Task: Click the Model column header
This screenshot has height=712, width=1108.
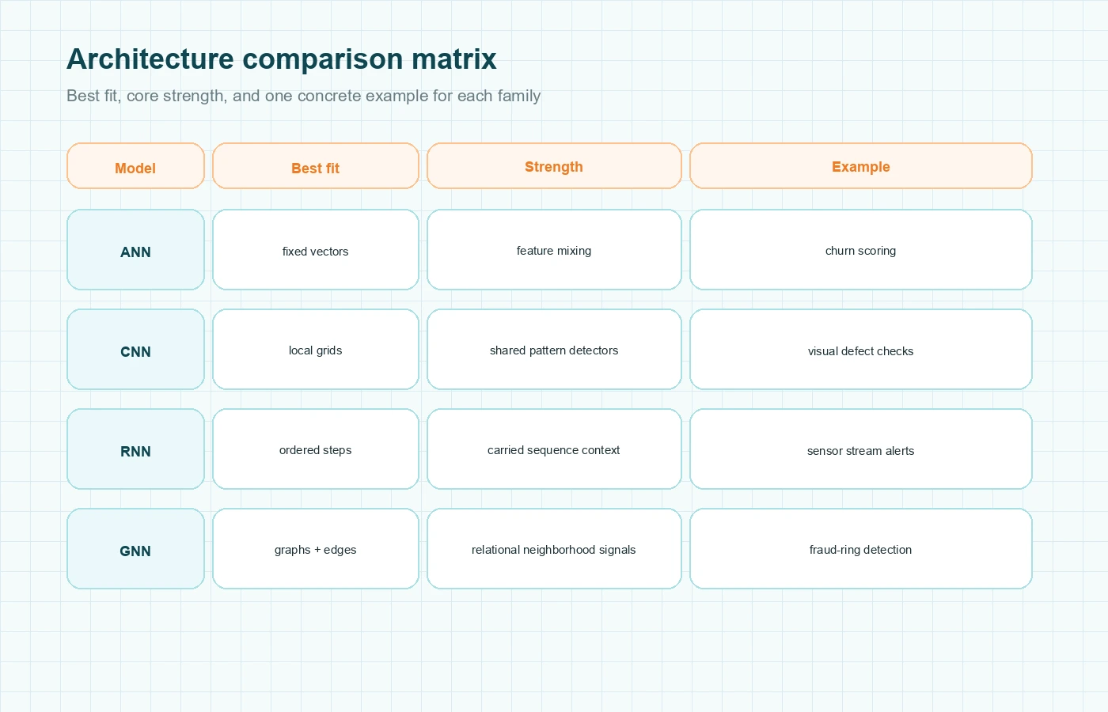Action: (135, 166)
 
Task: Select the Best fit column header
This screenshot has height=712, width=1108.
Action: (315, 166)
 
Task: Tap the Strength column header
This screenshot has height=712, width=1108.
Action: (554, 166)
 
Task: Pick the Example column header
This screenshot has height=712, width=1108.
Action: (860, 166)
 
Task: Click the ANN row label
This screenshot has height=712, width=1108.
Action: (135, 250)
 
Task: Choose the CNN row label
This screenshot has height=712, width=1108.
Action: (135, 350)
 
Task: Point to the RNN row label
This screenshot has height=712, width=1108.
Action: (135, 449)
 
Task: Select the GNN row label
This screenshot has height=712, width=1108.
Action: (135, 549)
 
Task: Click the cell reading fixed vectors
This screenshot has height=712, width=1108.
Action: (315, 250)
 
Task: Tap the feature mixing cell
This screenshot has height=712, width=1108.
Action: (554, 250)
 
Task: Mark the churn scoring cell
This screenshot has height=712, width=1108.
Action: (860, 250)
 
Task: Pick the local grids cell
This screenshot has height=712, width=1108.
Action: (315, 350)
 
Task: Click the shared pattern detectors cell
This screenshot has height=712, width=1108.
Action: (554, 350)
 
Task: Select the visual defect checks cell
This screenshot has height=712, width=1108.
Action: (860, 350)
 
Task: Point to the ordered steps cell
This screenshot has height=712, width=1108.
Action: (315, 449)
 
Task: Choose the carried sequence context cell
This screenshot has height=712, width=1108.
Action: (554, 449)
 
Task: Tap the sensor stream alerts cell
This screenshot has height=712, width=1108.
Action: (860, 449)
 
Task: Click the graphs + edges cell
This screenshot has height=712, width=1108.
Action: (315, 549)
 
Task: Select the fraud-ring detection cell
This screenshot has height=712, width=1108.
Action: (860, 549)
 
